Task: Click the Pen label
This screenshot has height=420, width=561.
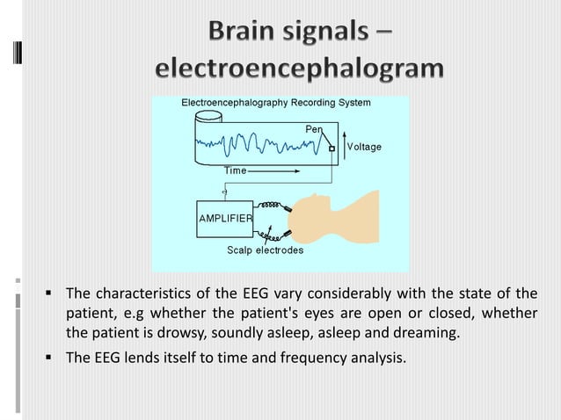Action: (313, 129)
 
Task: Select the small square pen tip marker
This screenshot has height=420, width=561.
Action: (331, 148)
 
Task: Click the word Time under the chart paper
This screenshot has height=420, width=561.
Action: (235, 169)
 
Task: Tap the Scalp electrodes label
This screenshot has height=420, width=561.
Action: (265, 250)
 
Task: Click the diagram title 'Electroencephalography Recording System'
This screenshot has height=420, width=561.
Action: (275, 103)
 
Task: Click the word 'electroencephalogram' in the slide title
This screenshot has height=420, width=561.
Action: (299, 69)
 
